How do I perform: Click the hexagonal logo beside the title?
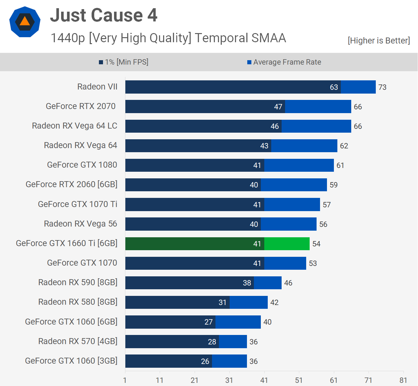25,22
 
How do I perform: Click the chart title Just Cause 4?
104,15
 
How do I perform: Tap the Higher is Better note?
379,41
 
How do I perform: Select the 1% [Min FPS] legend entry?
123,62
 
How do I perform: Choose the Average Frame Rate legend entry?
284,62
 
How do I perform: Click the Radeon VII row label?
97,87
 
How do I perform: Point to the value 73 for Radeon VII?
382,87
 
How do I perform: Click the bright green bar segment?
287,244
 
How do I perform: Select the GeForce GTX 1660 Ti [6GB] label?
67,243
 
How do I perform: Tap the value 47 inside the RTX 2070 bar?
278,107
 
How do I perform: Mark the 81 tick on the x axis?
403,380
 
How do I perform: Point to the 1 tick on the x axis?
125,380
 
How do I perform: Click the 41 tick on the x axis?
264,380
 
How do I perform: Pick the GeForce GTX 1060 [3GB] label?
71,361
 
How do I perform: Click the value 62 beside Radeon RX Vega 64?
344,146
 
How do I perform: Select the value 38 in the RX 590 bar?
247,283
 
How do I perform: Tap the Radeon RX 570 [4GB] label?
78,341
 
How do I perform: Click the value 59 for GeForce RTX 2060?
334,185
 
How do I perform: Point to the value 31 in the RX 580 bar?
223,302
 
